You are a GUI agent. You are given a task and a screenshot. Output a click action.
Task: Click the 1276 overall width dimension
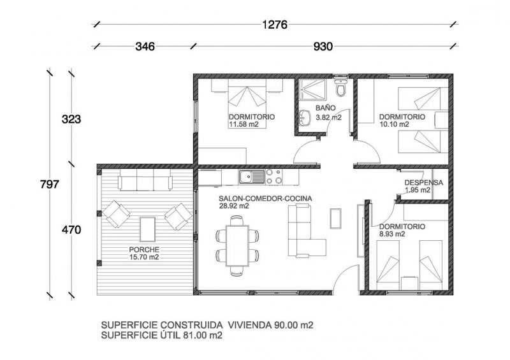[x=275, y=24]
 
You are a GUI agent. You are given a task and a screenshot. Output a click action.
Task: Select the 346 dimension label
[x=145, y=47]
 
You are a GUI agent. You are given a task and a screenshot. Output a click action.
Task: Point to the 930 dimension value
[x=323, y=47]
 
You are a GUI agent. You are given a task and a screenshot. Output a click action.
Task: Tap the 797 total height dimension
[x=50, y=184]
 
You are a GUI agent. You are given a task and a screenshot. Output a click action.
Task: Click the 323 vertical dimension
[x=71, y=119]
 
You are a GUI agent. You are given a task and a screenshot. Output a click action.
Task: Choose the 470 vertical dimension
[x=71, y=230]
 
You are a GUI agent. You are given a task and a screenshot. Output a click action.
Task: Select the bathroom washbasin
[x=305, y=117]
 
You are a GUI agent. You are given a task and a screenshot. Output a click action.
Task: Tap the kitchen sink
[x=252, y=177]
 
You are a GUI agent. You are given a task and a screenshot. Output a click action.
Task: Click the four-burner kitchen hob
[x=274, y=176]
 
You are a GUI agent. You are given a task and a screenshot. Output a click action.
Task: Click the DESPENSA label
[x=423, y=182]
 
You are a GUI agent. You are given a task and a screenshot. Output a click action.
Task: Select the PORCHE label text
[x=144, y=250]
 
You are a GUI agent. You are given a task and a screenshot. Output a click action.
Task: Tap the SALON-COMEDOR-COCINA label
[x=265, y=198]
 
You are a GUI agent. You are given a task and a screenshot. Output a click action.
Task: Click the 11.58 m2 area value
[x=244, y=124]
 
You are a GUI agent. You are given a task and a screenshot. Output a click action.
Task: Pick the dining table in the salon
[x=237, y=245]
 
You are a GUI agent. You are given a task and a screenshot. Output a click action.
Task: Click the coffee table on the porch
[x=147, y=229]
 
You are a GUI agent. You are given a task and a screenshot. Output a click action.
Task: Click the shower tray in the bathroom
[x=312, y=89]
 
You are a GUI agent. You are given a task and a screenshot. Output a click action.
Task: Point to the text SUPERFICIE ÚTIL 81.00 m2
[x=162, y=335]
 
